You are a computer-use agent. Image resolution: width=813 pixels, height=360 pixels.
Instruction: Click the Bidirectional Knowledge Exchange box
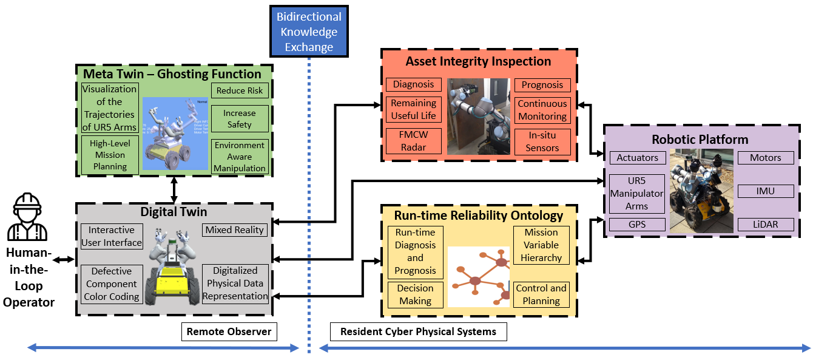tap(309, 32)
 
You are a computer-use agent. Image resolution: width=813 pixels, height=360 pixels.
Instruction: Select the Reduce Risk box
tap(240, 90)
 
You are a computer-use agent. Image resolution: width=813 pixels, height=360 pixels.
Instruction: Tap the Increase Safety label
tap(240, 118)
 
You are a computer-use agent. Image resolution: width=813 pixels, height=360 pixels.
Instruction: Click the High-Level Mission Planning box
tap(110, 154)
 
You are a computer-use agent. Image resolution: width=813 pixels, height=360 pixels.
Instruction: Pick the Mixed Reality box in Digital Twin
tap(235, 229)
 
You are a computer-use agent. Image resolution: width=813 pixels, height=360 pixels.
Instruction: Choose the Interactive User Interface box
tap(112, 236)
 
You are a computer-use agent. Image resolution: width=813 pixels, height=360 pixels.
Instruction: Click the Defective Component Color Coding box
tap(112, 284)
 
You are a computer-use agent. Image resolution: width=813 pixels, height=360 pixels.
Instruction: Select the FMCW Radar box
tap(413, 141)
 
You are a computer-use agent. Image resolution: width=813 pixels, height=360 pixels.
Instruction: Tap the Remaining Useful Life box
tap(413, 109)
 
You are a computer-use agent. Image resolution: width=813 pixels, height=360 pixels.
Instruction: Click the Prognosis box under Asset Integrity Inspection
tap(542, 85)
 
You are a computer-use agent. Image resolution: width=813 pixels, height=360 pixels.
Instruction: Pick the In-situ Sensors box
tap(542, 141)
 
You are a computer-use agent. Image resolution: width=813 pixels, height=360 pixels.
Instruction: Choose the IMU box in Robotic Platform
tap(765, 191)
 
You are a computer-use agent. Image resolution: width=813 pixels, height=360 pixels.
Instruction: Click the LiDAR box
tap(765, 225)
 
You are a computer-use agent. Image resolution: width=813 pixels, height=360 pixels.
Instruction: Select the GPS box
tap(637, 225)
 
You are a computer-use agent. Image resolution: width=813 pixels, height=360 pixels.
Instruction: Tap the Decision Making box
tap(416, 294)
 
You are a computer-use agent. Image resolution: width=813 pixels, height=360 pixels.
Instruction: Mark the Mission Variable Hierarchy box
tap(541, 245)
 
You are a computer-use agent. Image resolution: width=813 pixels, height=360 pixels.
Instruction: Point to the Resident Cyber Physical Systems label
tap(418, 331)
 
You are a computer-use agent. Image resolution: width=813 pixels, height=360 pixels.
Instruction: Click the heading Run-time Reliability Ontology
tap(479, 215)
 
